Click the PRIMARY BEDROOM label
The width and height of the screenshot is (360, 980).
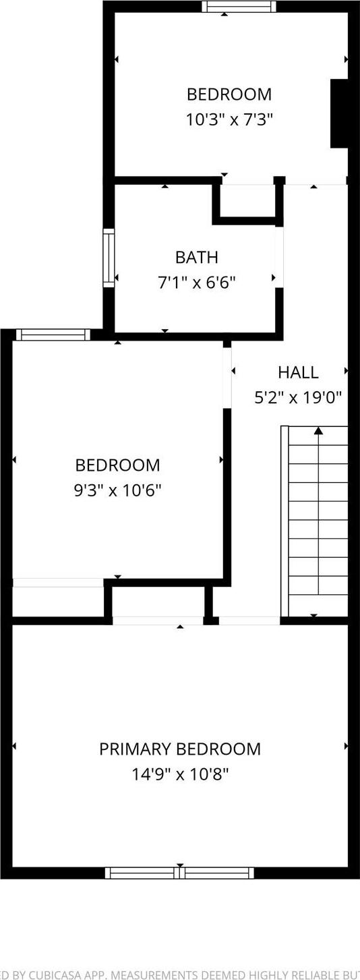pyautogui.click(x=179, y=749)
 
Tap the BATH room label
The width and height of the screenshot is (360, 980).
pyautogui.click(x=196, y=257)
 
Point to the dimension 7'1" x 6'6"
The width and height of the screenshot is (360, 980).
pyautogui.click(x=196, y=282)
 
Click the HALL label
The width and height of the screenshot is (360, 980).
pyautogui.click(x=297, y=372)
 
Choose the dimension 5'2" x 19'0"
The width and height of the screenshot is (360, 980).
pyautogui.click(x=297, y=398)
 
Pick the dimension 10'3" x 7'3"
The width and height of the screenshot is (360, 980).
pyautogui.click(x=229, y=120)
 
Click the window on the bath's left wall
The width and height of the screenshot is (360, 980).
pyautogui.click(x=108, y=258)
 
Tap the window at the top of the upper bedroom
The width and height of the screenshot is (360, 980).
pyautogui.click(x=239, y=7)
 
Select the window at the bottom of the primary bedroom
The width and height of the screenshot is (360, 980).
pyautogui.click(x=179, y=873)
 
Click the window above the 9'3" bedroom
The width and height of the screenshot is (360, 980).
pyautogui.click(x=53, y=335)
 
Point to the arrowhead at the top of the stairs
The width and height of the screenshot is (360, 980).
pyautogui.click(x=318, y=430)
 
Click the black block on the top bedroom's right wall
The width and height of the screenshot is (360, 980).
pyautogui.click(x=338, y=113)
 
